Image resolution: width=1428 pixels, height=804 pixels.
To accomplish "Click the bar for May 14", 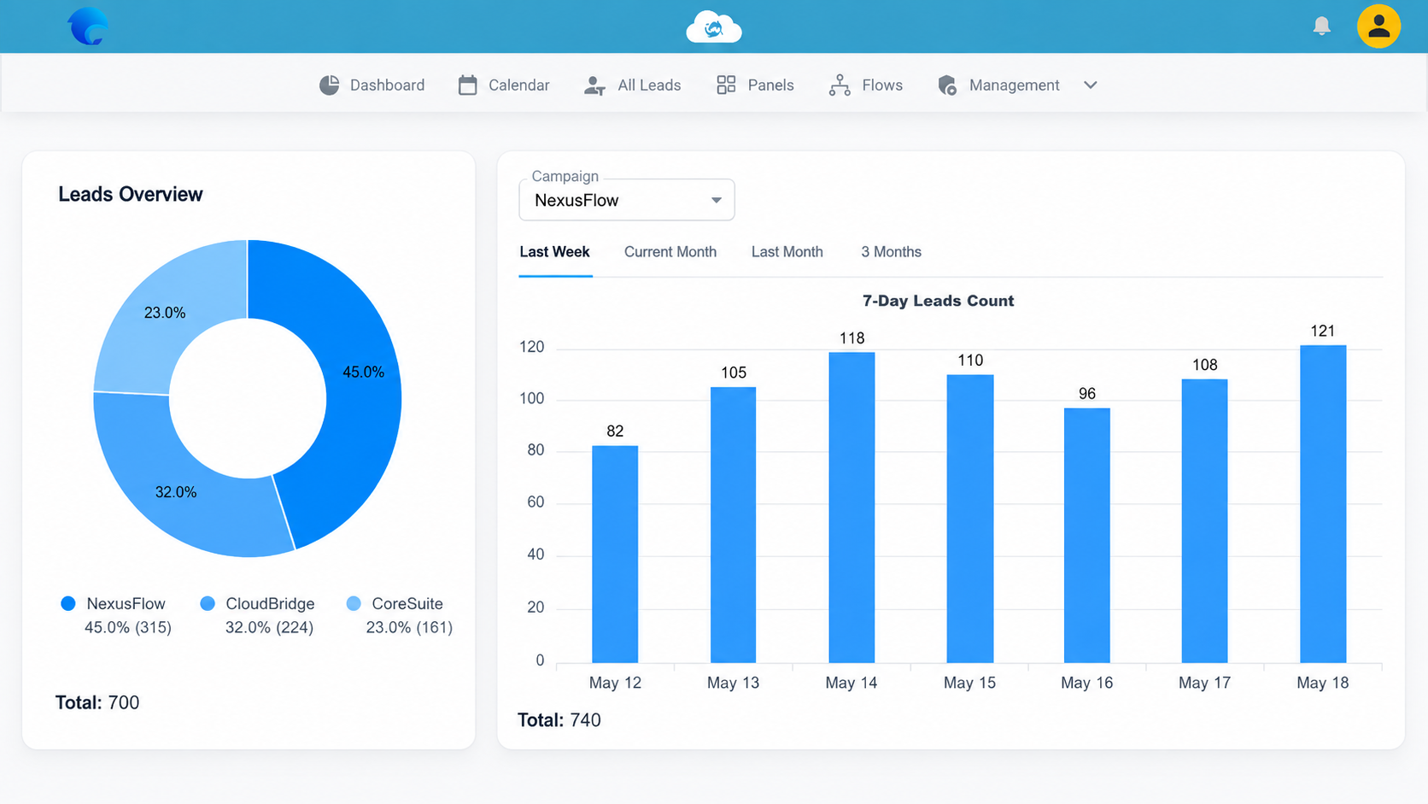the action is (x=852, y=508).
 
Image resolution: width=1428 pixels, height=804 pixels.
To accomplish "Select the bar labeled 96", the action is (x=1087, y=536).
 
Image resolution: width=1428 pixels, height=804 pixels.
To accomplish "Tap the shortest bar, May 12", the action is (x=615, y=554).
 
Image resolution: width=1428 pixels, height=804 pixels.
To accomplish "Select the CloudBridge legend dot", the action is (x=208, y=603).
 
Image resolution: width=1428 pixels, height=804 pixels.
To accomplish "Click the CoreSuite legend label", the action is (x=407, y=603).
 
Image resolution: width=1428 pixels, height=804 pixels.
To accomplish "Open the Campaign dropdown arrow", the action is (x=717, y=200).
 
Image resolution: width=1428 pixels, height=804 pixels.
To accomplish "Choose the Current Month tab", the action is (x=670, y=252).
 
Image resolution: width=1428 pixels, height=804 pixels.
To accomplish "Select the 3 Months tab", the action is (x=892, y=252).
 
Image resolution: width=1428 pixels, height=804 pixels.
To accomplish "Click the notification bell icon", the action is (x=1321, y=26).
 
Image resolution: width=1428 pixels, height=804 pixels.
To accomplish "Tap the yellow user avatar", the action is (x=1378, y=26).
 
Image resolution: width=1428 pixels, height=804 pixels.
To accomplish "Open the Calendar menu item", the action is (x=504, y=85).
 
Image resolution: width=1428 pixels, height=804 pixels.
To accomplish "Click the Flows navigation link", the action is (x=866, y=85).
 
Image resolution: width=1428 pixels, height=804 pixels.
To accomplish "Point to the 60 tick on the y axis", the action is (x=535, y=502).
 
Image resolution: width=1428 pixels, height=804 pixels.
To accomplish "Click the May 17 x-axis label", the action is (x=1204, y=683).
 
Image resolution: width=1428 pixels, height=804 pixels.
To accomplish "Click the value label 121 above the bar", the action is (x=1322, y=331).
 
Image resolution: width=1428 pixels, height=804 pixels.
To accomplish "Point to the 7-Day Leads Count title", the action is (x=938, y=301).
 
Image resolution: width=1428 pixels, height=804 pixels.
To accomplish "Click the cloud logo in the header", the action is (x=714, y=27).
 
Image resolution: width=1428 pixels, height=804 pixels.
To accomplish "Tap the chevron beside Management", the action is (x=1090, y=85).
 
